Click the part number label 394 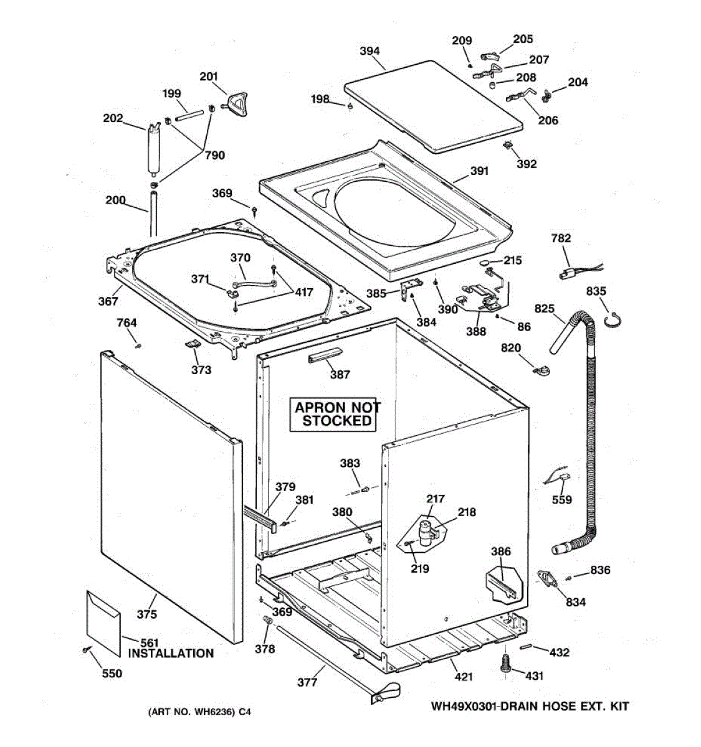pos(370,51)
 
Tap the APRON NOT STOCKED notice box pos(336,414)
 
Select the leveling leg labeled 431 pos(505,663)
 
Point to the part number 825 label pos(544,308)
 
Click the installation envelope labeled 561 pos(103,622)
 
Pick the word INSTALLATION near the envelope pos(171,654)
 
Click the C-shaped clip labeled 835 pos(613,319)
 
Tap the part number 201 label pos(209,77)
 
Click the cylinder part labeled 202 pos(153,149)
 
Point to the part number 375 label pos(147,614)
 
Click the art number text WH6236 pos(211,712)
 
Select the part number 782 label pos(561,238)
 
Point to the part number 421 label pos(463,677)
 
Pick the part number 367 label pos(108,301)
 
